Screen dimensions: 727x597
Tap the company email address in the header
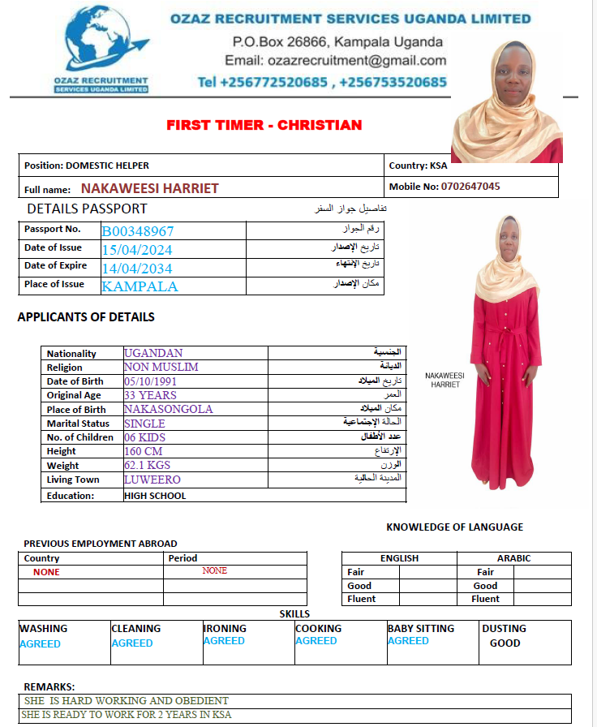pyautogui.click(x=335, y=61)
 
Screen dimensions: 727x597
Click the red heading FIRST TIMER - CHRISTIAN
pyautogui.click(x=264, y=125)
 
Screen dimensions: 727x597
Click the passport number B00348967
pyautogui.click(x=138, y=231)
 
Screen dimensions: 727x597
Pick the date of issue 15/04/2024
pyautogui.click(x=137, y=250)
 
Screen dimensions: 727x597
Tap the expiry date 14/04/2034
pyautogui.click(x=137, y=269)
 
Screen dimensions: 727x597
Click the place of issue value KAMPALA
pyautogui.click(x=140, y=286)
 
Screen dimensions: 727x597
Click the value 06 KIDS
pyautogui.click(x=144, y=437)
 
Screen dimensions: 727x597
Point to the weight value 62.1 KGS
pyautogui.click(x=147, y=466)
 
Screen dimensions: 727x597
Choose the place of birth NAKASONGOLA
pyautogui.click(x=169, y=410)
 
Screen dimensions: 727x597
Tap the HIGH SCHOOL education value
pyautogui.click(x=155, y=496)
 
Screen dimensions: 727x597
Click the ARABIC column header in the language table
pyautogui.click(x=513, y=558)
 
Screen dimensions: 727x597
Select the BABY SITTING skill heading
pyautogui.click(x=421, y=629)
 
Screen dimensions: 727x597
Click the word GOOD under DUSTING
pyautogui.click(x=505, y=643)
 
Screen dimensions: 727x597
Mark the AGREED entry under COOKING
pyautogui.click(x=316, y=641)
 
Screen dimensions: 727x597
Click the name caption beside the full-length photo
pyautogui.click(x=445, y=381)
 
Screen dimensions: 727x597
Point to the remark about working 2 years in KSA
pyautogui.click(x=127, y=716)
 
